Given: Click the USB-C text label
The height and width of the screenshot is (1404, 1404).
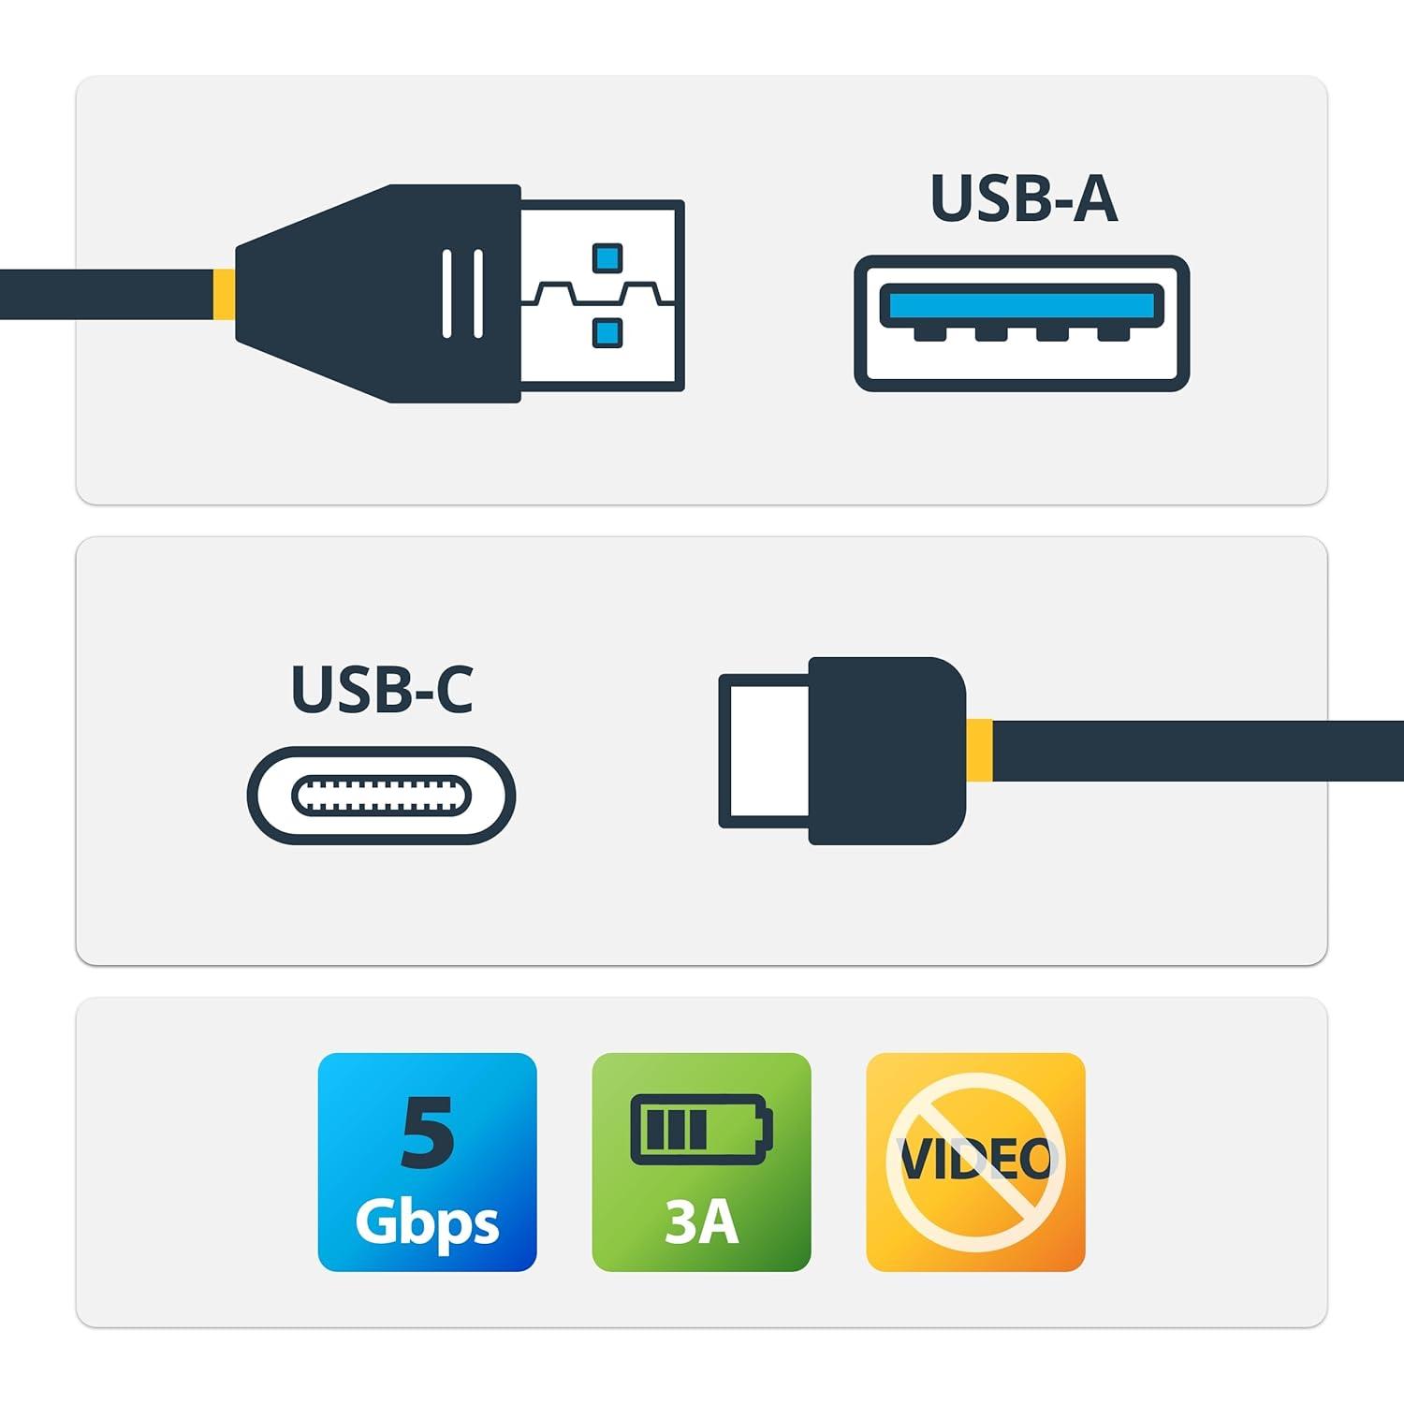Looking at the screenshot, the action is (382, 689).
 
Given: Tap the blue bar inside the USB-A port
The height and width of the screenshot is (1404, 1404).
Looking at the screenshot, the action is (1021, 305).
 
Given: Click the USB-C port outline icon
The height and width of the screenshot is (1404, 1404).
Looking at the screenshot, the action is (381, 796).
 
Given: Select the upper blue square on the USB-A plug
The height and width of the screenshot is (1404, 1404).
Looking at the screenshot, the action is (607, 256).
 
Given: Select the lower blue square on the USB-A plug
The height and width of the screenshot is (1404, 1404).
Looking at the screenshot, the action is (607, 331).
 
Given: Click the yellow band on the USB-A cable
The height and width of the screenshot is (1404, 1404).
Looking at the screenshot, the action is (224, 294).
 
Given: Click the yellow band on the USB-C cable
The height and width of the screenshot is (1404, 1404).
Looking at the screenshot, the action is (979, 750).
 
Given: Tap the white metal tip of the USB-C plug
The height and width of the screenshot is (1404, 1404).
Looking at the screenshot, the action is (764, 751).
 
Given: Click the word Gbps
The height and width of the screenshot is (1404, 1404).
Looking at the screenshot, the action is (427, 1221).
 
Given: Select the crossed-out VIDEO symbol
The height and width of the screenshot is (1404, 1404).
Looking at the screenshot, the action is (975, 1162).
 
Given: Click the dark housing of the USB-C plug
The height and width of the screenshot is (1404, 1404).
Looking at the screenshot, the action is (886, 751).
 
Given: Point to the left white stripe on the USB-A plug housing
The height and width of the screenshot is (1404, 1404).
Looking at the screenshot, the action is (447, 293).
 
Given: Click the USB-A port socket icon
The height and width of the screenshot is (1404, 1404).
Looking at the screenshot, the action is (1021, 323).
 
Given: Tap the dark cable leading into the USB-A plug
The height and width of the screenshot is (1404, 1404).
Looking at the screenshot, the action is (107, 294).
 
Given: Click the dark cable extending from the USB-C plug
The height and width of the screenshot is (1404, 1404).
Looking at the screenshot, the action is (1198, 750).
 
